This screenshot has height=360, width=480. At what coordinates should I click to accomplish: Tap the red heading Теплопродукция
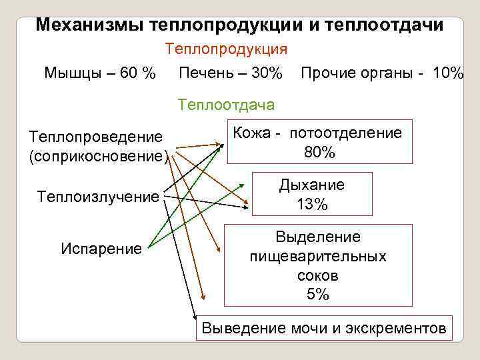click(226, 49)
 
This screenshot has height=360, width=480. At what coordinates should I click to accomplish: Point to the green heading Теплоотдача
click(226, 105)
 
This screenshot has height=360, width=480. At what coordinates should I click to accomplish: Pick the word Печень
click(205, 72)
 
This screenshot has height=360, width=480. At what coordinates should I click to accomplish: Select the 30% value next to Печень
click(267, 72)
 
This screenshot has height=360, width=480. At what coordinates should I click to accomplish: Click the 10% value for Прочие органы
click(448, 72)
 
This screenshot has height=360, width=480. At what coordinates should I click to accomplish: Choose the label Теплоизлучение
click(99, 197)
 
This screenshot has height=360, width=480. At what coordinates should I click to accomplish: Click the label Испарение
click(101, 249)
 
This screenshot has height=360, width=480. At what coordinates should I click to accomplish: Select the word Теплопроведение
click(95, 137)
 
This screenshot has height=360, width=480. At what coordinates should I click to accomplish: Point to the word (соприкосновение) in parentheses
click(97, 157)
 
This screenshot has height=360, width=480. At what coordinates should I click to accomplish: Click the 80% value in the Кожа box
click(320, 152)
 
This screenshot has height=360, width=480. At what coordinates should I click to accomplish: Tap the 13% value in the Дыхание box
click(312, 205)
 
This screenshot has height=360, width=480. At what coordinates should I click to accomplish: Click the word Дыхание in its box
click(312, 185)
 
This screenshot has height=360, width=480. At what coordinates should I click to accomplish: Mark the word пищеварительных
click(318, 256)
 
